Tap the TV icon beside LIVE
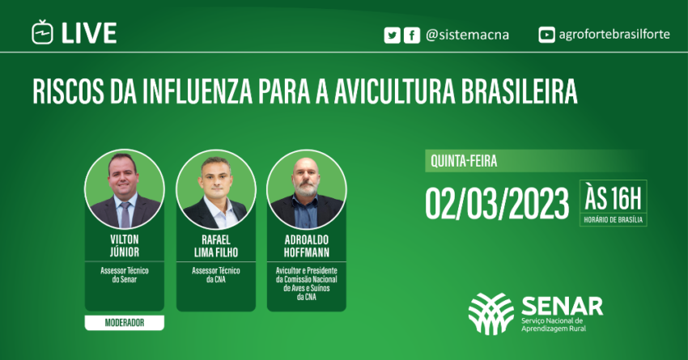tap(42, 33)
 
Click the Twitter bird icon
tap(393, 35)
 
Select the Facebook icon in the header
tap(411, 35)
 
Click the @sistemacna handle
tap(466, 35)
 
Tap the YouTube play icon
tap(547, 35)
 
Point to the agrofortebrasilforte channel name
tap(615, 35)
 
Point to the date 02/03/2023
tap(497, 204)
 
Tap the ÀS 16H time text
tap(614, 197)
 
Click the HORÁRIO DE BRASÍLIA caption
tap(614, 219)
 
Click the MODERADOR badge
tap(125, 323)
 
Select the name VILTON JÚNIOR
tap(125, 246)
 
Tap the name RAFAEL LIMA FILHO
tap(215, 246)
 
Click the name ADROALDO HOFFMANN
tap(306, 246)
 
